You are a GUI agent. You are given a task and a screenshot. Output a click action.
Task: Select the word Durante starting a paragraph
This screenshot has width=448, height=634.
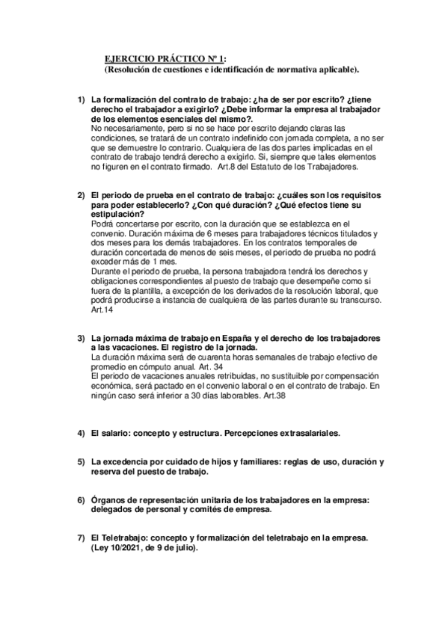(x=105, y=271)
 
